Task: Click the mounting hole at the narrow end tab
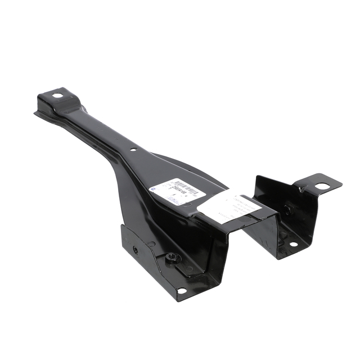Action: tap(57, 96)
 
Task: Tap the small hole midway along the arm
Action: tap(133, 150)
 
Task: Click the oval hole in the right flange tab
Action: tap(322, 186)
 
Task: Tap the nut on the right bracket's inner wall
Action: tap(287, 210)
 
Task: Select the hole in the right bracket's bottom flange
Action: tap(293, 244)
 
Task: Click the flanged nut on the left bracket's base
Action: tap(173, 258)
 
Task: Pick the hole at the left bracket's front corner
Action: tap(181, 291)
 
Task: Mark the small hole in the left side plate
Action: tap(135, 249)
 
